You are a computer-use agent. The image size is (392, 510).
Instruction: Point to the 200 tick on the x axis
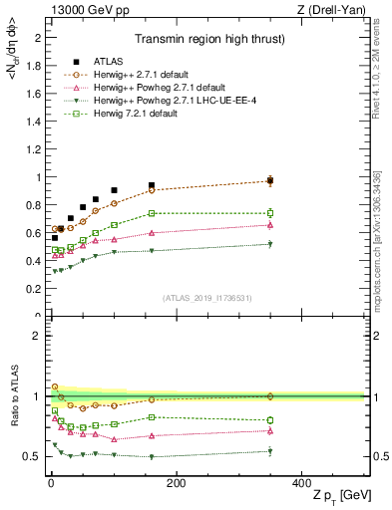pos(176,482)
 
